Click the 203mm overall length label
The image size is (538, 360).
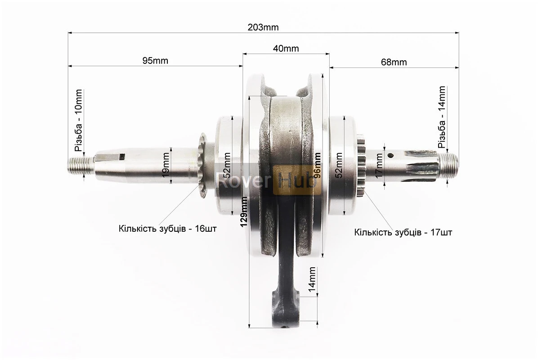(263, 27)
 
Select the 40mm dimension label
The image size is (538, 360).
(286, 49)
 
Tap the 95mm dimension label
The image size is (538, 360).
(155, 61)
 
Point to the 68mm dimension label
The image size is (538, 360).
(394, 62)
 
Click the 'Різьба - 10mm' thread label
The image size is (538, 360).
(79, 121)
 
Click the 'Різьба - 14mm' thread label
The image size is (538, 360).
(442, 117)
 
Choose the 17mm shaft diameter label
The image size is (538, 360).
(379, 166)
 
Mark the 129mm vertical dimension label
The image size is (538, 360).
(244, 212)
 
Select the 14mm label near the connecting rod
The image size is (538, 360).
(312, 279)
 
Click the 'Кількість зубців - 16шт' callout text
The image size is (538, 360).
(168, 229)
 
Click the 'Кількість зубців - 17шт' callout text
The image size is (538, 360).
(403, 232)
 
